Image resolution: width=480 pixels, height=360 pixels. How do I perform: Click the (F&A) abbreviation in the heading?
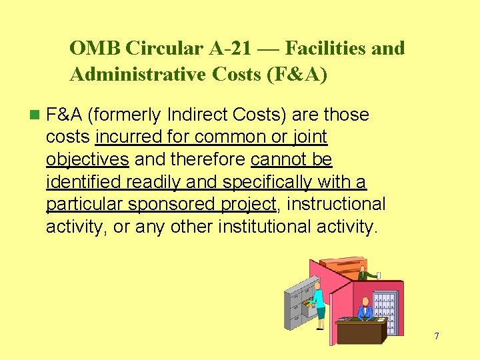(297, 75)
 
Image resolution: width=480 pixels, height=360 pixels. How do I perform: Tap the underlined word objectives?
(87, 159)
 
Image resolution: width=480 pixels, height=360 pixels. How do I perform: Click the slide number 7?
(437, 335)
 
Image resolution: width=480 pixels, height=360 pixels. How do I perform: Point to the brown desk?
(359, 330)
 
